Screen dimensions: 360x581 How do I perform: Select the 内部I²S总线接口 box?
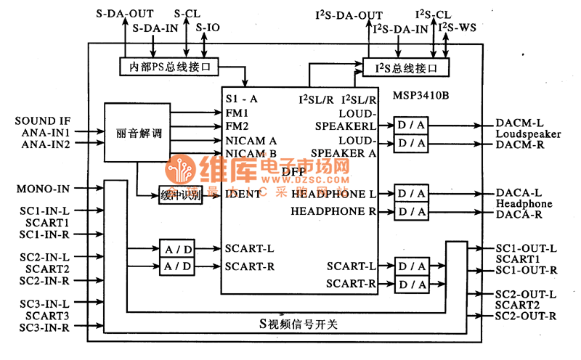click(x=169, y=67)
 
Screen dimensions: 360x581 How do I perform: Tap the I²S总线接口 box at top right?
click(x=406, y=68)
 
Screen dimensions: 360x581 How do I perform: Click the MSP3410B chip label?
click(x=421, y=95)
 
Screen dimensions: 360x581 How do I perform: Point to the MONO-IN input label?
click(x=43, y=189)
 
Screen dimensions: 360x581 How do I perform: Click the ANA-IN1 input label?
click(x=44, y=133)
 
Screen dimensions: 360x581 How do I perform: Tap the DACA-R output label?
click(x=519, y=215)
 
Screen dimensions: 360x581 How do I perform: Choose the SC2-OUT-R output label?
click(x=526, y=316)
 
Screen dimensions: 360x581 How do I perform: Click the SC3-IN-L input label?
click(x=44, y=304)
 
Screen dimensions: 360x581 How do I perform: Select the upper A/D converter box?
click(x=178, y=249)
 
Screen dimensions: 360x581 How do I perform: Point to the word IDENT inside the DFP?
click(x=242, y=194)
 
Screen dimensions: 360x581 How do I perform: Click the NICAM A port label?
click(x=251, y=139)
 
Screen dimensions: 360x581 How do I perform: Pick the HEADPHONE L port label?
click(x=333, y=195)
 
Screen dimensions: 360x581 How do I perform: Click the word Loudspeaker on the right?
click(x=528, y=134)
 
